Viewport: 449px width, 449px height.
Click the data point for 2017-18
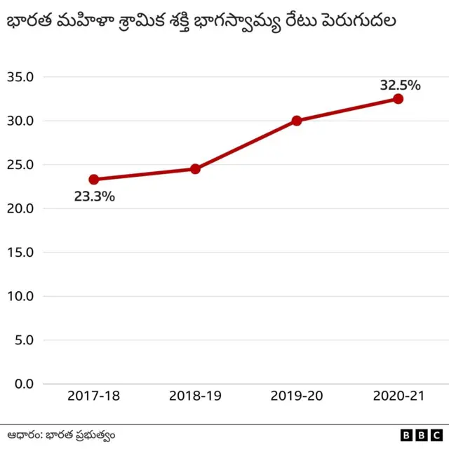(94, 180)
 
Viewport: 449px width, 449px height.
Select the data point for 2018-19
(195, 169)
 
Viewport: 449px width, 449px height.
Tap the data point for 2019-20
(297, 121)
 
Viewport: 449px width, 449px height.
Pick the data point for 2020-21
(398, 99)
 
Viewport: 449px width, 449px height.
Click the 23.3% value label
(94, 197)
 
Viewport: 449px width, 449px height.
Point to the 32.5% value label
(400, 86)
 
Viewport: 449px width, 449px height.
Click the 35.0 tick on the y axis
(20, 77)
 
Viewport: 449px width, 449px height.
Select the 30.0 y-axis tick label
(20, 121)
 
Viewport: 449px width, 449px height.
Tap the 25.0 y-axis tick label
(20, 165)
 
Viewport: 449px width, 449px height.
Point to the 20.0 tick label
(20, 208)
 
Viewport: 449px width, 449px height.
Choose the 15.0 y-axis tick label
(20, 253)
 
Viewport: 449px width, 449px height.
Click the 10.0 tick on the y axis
(20, 296)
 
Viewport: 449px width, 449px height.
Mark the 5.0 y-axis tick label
(23, 340)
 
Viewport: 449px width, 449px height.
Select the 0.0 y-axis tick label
(23, 384)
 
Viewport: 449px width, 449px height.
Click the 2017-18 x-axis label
(94, 396)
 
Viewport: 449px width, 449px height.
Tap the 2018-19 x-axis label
(195, 396)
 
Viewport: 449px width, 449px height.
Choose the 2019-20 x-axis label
(297, 396)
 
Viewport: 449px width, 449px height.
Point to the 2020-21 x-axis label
(398, 396)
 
